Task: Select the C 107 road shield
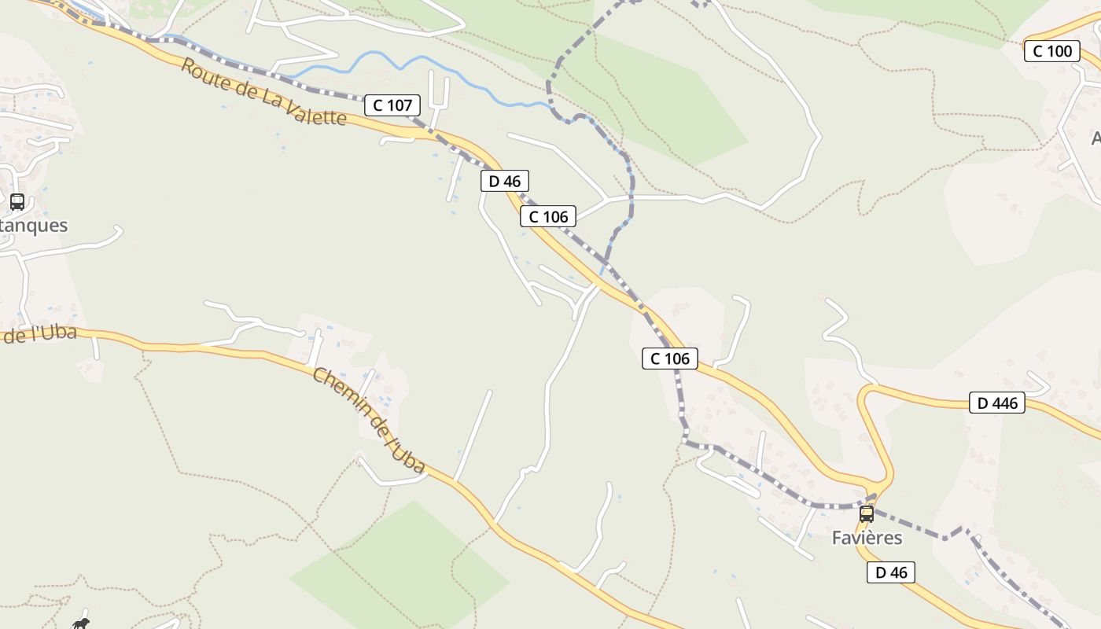coord(392,105)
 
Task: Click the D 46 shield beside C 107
coord(505,182)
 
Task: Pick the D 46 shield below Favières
coord(891,572)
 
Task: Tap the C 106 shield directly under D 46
coord(548,217)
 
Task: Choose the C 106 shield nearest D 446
coord(670,359)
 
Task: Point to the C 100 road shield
coord(1051,51)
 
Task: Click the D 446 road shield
coord(997,403)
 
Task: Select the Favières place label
coord(867,538)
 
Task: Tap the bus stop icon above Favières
coord(866,514)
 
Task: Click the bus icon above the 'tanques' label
coord(17,202)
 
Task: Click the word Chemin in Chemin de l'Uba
coord(340,389)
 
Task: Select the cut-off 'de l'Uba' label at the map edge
coord(39,334)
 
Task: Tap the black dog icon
coord(80,623)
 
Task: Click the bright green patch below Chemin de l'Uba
coord(401,566)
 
